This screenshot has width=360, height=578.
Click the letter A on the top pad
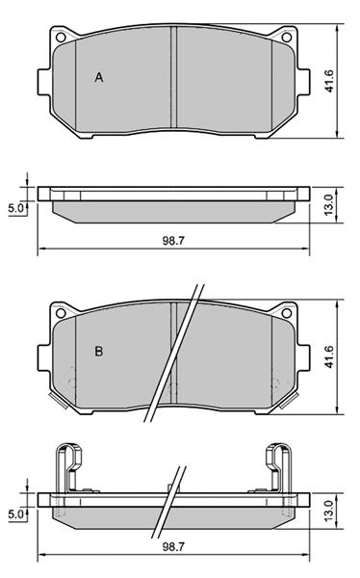coord(99,77)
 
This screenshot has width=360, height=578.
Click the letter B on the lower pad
coord(99,351)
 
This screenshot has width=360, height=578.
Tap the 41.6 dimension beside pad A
coord(329,81)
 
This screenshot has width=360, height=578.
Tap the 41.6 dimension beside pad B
coord(329,356)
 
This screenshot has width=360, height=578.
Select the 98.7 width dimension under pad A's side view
coord(173,241)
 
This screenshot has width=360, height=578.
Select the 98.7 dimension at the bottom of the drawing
coord(173,546)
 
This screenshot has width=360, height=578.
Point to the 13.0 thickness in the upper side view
coord(328,205)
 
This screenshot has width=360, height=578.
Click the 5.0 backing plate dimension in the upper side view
coord(15,208)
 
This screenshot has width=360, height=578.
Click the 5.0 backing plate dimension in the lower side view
coord(15,513)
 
